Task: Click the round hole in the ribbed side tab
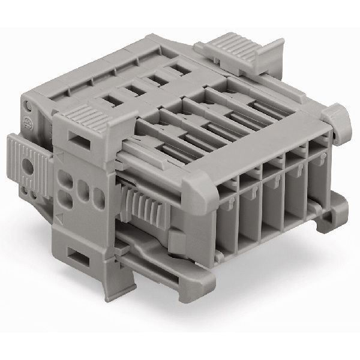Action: point(26,164)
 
